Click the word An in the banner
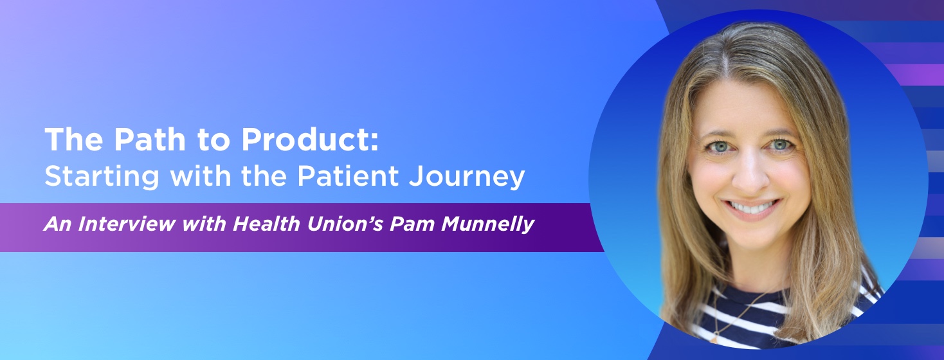tap(54, 226)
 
